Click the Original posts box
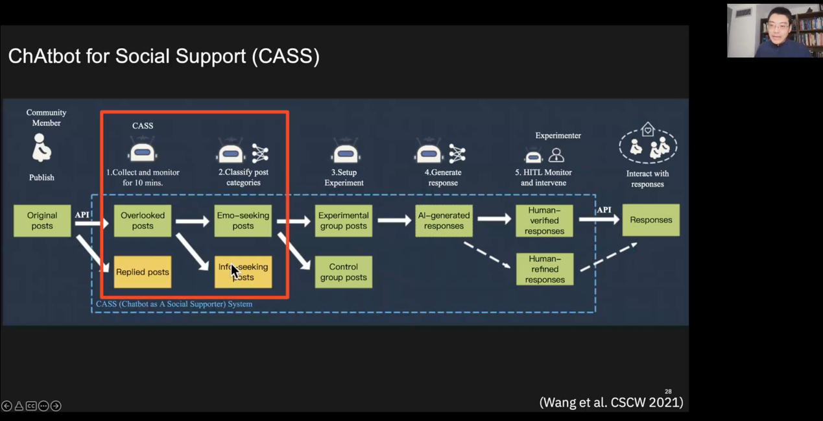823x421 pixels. (42, 221)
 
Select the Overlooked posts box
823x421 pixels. (143, 221)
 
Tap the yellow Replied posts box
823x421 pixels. (143, 272)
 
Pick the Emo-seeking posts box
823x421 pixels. (243, 221)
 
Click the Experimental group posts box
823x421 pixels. (344, 221)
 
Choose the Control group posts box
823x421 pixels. (344, 272)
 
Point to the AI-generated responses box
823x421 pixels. (444, 221)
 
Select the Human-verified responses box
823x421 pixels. (544, 221)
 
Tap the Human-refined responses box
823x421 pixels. (544, 269)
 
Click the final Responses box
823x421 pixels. (650, 220)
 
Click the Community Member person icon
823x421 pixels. (42, 148)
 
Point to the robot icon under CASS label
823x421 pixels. (142, 152)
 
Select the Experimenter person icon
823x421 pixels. (556, 156)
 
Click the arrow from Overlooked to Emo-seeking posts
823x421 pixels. (193, 221)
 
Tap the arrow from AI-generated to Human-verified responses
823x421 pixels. (494, 219)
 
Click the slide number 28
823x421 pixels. (668, 392)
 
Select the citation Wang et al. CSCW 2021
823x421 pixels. (611, 402)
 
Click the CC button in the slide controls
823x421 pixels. (31, 406)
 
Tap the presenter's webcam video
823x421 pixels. (774, 30)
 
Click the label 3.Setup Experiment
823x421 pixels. (344, 177)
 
